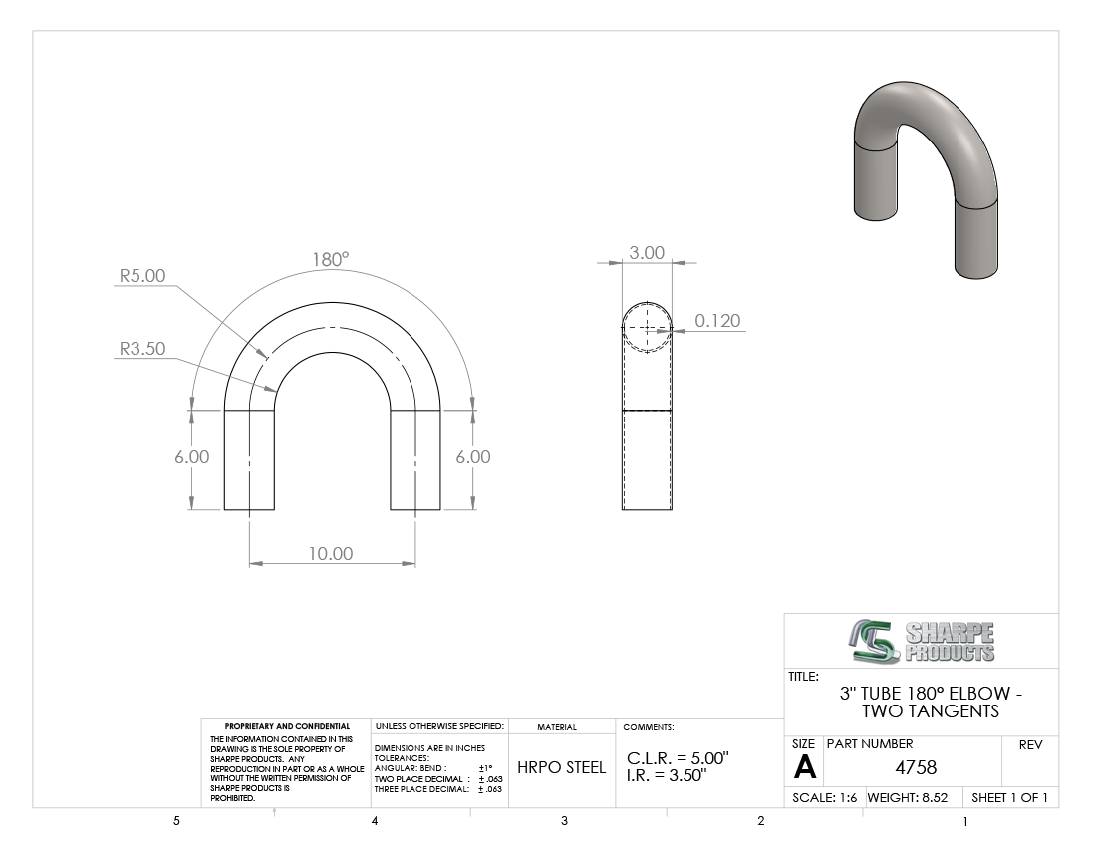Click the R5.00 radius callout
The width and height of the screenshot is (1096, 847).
pos(142,276)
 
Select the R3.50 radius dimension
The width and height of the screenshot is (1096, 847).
pos(142,349)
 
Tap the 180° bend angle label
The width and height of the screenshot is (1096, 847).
pos(331,260)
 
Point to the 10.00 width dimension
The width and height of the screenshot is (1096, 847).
pos(332,553)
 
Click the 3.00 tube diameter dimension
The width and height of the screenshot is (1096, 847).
pos(647,253)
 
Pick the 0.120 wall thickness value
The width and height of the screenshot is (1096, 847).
pos(717,321)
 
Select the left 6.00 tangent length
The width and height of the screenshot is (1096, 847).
pos(192,457)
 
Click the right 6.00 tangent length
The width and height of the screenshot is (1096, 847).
pos(473,457)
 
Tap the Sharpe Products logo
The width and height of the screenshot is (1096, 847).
pos(922,641)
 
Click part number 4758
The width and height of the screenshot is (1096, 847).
pos(916,768)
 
